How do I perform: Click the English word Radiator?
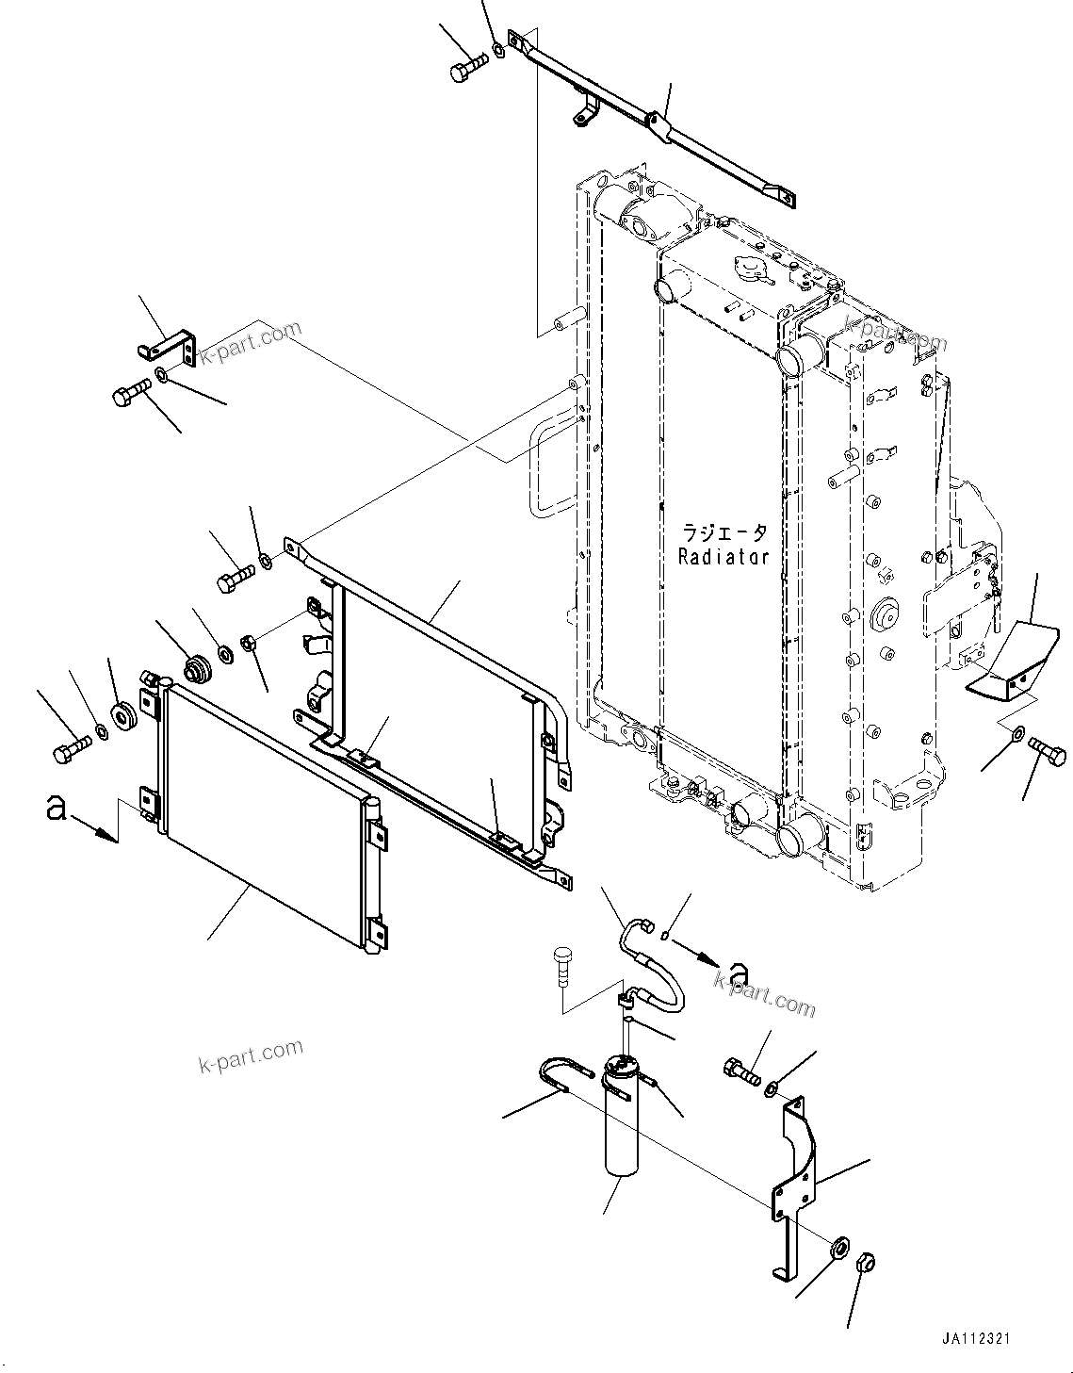pos(723,557)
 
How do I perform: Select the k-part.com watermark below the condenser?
pos(251,1055)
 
